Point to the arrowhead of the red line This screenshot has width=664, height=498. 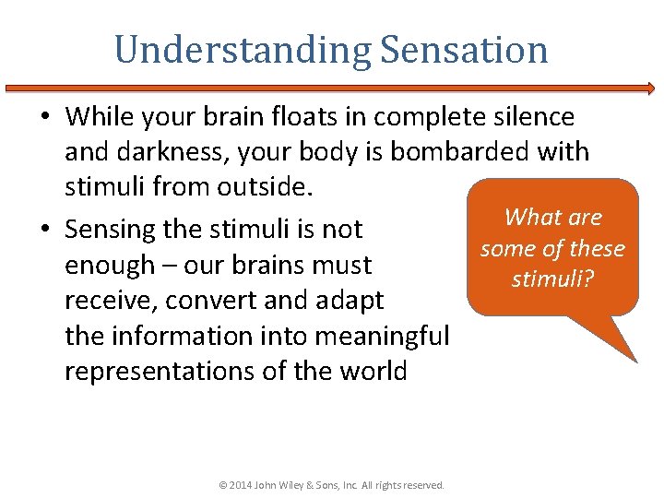click(650, 89)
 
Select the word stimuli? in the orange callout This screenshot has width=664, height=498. click(552, 279)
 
